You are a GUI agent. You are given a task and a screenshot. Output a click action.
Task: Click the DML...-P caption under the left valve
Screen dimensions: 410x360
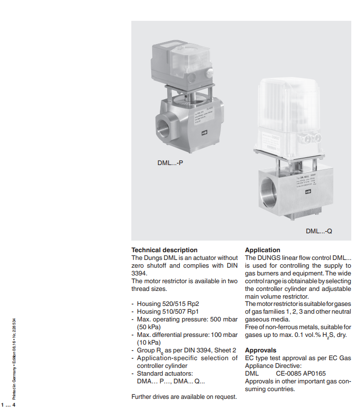tap(170, 163)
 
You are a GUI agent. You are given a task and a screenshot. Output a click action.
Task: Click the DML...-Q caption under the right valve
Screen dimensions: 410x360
tap(319, 231)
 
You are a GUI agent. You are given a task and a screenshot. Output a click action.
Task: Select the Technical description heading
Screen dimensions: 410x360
tap(165, 250)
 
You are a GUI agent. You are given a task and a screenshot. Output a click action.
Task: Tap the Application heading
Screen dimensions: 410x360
tap(263, 250)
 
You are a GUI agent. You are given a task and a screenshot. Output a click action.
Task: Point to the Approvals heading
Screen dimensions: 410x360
tap(261, 350)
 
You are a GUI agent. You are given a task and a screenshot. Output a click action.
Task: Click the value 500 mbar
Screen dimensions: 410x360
tap(224, 319)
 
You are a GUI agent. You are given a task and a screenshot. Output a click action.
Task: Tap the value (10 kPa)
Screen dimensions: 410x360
tap(148, 342)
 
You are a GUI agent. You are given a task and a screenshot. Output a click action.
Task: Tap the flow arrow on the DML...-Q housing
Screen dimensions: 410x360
tap(308, 192)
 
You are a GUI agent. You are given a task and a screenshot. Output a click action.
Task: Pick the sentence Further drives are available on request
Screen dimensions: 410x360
tap(184, 397)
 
